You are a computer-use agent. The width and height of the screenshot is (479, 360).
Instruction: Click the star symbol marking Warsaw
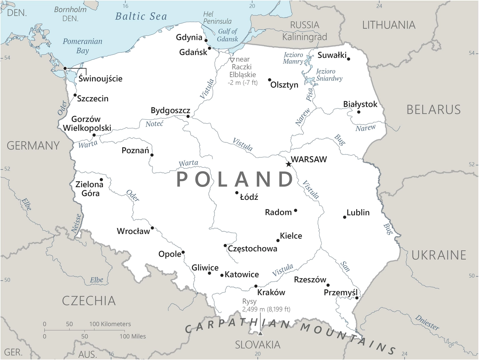pos(288,164)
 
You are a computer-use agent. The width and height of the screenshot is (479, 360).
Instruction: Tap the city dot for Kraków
pos(256,286)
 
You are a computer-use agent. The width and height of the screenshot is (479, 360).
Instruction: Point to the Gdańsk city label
pos(193,52)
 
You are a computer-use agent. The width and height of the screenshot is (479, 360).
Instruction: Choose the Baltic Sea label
pos(141,16)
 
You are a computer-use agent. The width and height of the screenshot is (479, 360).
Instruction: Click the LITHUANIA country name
pos(389,25)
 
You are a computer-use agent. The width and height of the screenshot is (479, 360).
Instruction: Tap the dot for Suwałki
pos(348,59)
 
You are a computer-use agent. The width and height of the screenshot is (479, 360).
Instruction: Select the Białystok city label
pos(360,104)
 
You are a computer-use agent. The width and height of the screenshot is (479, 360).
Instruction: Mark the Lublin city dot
pos(345,217)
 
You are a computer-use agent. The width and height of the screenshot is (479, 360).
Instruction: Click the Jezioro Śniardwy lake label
pos(329,75)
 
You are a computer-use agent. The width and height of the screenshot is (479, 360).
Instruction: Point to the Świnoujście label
pos(100,78)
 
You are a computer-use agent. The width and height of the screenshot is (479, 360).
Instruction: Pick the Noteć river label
pos(154,124)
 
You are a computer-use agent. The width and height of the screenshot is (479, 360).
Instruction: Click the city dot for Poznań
pos(152,155)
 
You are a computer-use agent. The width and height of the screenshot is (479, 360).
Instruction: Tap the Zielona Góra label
pos(90,189)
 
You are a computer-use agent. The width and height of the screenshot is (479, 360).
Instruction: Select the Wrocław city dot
pos(152,228)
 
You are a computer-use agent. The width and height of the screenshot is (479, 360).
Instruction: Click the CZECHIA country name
pos(89,301)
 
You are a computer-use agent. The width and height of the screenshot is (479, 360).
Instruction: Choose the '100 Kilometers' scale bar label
pos(110,324)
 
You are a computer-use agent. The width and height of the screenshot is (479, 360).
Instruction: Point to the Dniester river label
pos(427,322)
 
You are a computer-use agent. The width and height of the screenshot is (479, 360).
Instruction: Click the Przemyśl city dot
pos(357,298)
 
